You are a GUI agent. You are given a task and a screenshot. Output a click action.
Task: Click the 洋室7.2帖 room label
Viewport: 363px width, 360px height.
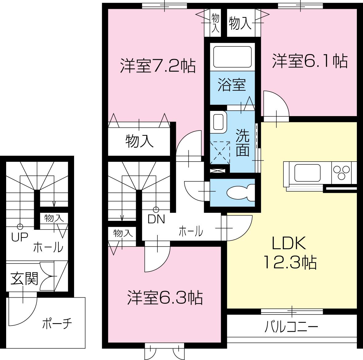[158, 65]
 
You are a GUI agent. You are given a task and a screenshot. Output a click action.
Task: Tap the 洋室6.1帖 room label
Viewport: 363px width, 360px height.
[310, 61]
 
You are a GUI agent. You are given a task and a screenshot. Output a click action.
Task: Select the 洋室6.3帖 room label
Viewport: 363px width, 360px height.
[165, 297]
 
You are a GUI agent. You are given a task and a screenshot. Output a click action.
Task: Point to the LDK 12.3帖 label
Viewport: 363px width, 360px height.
[289, 252]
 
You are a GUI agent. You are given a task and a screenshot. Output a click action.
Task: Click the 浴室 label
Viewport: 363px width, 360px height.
[232, 84]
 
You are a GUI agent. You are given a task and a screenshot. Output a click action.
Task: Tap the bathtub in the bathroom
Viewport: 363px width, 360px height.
[232, 57]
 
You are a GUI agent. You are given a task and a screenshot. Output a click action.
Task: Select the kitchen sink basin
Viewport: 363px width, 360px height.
[307, 173]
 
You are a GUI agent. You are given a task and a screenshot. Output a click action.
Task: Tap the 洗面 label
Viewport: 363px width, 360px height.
[243, 143]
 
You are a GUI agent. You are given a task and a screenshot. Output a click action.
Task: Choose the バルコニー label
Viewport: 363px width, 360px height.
[291, 327]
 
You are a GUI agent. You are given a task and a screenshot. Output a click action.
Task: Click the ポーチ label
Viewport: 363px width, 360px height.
[57, 324]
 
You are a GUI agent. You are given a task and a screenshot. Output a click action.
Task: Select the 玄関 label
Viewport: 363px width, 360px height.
[25, 279]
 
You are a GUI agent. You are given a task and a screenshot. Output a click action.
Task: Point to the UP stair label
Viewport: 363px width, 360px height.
[19, 237]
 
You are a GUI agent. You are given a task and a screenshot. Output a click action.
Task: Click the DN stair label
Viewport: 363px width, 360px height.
[156, 219]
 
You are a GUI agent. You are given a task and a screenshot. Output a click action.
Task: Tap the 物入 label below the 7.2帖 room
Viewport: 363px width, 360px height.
[139, 141]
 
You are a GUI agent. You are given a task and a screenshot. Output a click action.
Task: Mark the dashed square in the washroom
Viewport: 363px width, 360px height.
[219, 152]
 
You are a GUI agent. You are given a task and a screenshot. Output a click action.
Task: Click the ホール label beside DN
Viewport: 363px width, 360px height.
[191, 231]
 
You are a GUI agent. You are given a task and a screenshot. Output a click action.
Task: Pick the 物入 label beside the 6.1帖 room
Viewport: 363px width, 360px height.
[240, 23]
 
